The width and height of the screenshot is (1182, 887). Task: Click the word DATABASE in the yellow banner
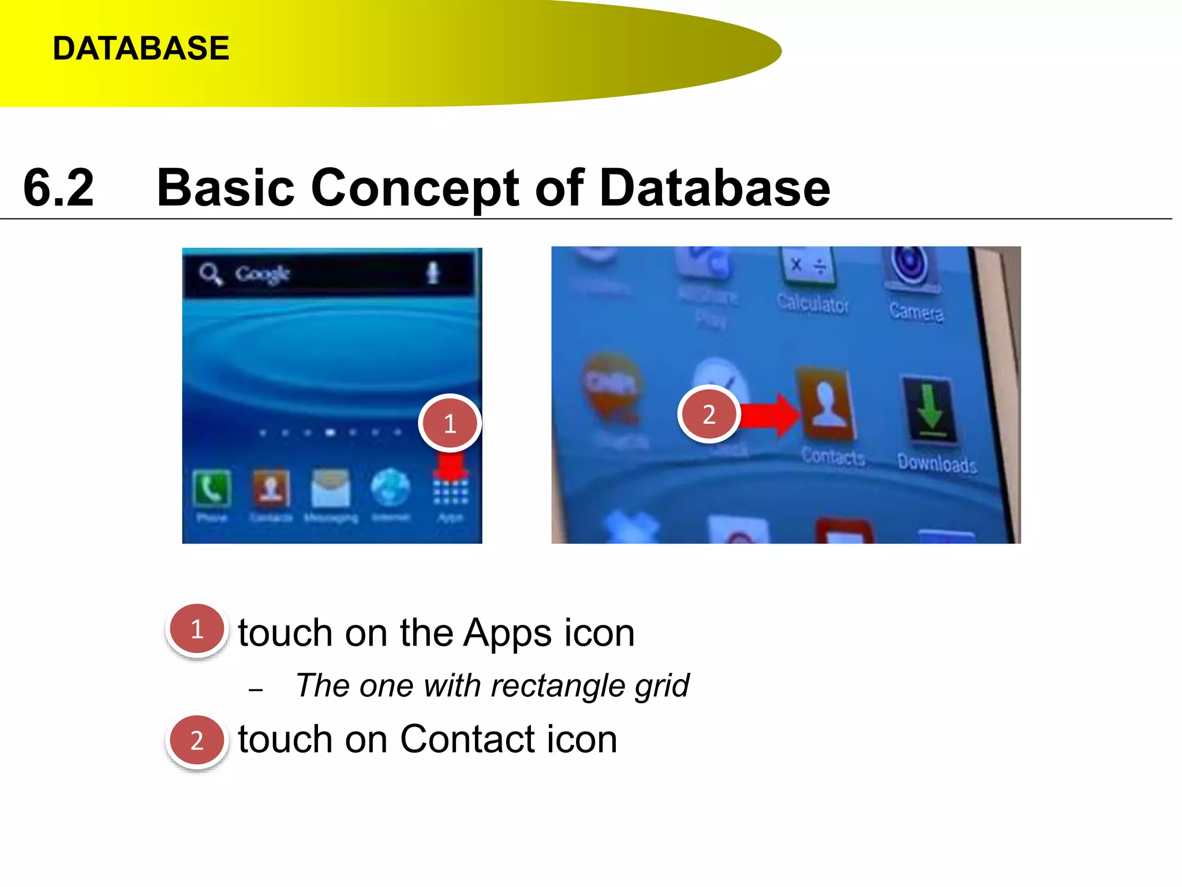click(x=141, y=48)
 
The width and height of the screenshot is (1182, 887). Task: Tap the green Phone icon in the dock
click(x=211, y=488)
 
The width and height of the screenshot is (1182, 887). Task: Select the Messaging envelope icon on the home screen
click(x=330, y=488)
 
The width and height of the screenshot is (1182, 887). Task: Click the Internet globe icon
click(x=390, y=487)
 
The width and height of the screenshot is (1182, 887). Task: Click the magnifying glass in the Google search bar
click(x=211, y=274)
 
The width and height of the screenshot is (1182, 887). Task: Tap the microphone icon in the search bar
click(x=432, y=273)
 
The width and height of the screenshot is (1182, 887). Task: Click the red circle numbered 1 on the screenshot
click(x=450, y=423)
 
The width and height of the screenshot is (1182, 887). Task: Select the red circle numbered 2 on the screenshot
click(x=709, y=414)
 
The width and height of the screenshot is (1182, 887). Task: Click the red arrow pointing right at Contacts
click(x=770, y=415)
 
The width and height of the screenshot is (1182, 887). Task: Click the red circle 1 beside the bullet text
click(x=197, y=629)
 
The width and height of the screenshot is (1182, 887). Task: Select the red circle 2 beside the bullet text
click(x=197, y=740)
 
